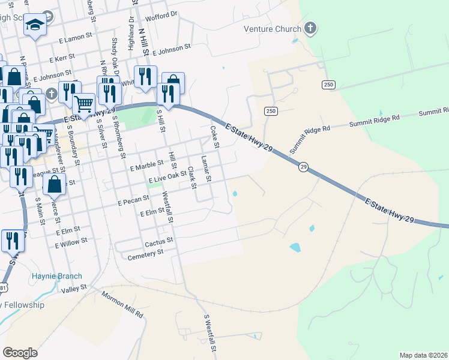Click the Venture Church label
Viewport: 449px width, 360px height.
coord(271,29)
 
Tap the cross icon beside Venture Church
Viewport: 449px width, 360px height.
coord(310,28)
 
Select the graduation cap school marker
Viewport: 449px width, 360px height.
coord(35,25)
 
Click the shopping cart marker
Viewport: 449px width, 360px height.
coord(84,104)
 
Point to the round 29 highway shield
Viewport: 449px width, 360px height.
coord(304,167)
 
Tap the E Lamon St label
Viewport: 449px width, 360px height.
coord(75,38)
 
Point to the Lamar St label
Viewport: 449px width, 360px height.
coord(205,169)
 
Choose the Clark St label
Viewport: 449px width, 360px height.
coord(191,177)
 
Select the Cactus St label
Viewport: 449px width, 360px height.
coord(158,241)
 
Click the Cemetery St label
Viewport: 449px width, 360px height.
coord(145,254)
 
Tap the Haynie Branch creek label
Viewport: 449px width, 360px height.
coord(56,277)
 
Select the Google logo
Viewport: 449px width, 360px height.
coord(20,352)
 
